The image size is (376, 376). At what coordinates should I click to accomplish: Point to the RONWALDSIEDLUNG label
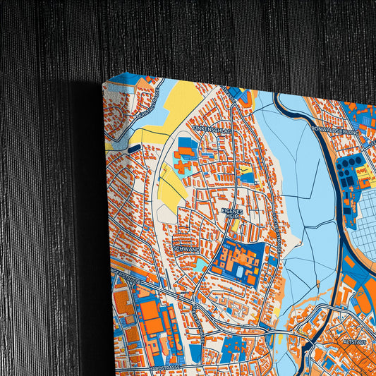click(335, 131)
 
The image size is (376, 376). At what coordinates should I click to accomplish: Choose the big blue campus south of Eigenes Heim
click(240, 261)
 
